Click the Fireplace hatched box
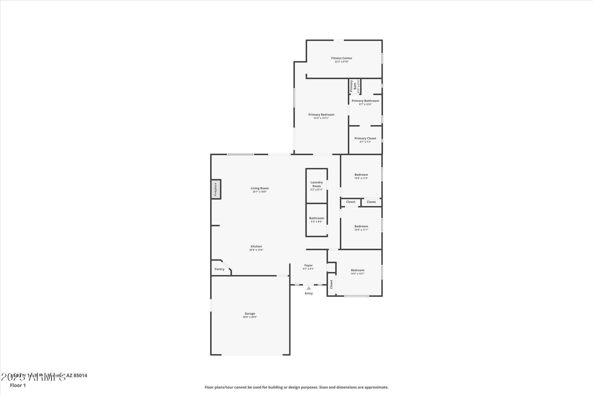(x=216, y=189)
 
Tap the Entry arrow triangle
(x=309, y=288)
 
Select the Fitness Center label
(x=342, y=58)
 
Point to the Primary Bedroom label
(x=321, y=115)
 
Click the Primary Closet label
(x=365, y=138)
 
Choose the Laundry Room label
(x=316, y=184)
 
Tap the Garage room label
(x=250, y=314)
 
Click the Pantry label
(x=219, y=269)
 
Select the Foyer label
(x=308, y=266)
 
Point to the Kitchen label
(x=256, y=246)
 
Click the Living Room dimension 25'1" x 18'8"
(x=259, y=192)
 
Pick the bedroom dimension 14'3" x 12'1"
(x=358, y=274)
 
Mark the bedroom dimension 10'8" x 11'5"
(x=361, y=178)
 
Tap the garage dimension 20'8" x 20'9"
(x=250, y=317)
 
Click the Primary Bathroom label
(x=365, y=101)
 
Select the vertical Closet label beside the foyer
(x=331, y=284)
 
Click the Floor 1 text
(x=18, y=386)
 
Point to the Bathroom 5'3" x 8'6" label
(x=316, y=218)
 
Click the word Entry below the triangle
(x=309, y=293)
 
